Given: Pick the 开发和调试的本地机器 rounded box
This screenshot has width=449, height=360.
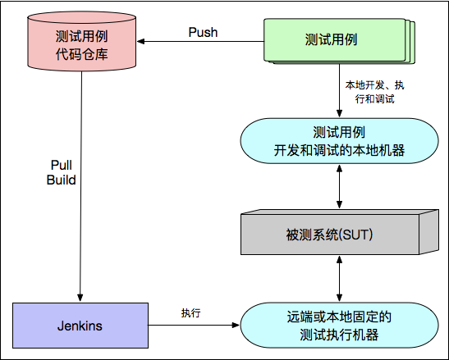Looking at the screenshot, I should [339, 141].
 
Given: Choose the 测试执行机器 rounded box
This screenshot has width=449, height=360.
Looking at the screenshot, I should [339, 324].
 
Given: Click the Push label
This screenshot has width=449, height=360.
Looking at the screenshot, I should [203, 32].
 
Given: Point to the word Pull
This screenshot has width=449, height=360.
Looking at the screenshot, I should [61, 165].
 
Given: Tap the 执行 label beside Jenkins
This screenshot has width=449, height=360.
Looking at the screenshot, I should [191, 313].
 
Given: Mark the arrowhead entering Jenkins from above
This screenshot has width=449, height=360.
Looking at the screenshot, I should [80, 296].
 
